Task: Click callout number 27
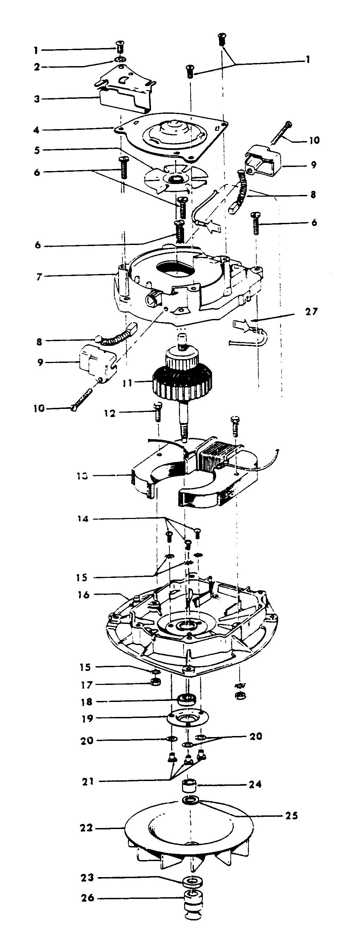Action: tap(311, 312)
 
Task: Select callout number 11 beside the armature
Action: tap(127, 383)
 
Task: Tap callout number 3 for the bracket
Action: tap(37, 99)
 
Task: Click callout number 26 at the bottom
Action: tap(88, 898)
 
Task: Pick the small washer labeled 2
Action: tap(120, 59)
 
